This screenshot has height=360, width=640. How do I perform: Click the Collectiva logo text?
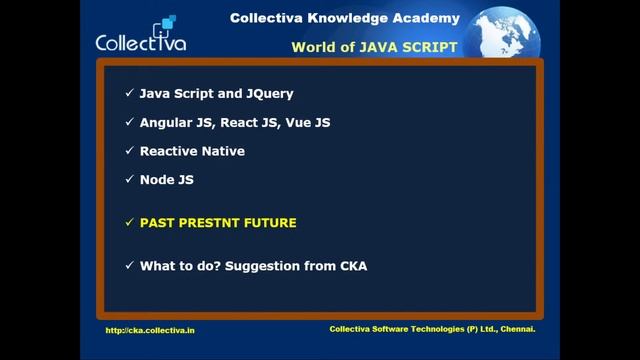click(140, 42)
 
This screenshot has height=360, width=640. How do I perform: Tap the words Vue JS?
click(308, 122)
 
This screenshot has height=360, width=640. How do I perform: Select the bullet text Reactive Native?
click(192, 151)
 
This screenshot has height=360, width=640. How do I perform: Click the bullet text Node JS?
click(166, 180)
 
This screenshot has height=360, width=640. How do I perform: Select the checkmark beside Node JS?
click(129, 180)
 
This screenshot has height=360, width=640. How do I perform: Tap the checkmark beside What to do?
click(129, 266)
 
